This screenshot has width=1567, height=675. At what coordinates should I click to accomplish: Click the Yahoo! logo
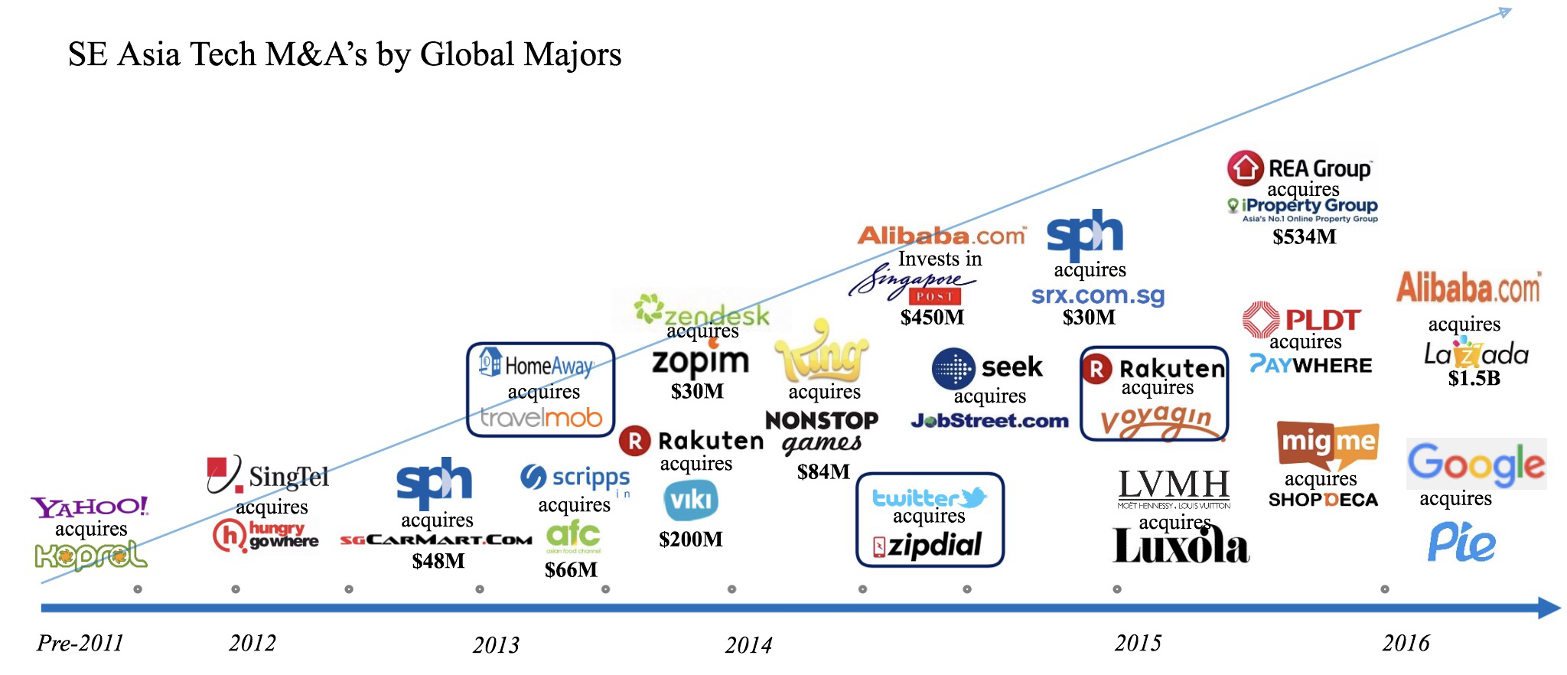tap(90, 507)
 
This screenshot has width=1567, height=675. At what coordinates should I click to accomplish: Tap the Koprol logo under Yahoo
tap(91, 556)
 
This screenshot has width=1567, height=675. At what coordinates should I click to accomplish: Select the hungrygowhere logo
tap(266, 535)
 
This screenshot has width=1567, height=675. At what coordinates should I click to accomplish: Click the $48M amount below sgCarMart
tap(438, 561)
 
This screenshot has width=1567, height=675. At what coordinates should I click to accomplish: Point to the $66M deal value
tap(571, 569)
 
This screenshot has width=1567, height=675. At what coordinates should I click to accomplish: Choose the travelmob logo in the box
tap(541, 418)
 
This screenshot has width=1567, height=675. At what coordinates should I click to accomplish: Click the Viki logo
tap(690, 501)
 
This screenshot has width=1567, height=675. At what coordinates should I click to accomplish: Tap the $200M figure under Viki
tap(690, 540)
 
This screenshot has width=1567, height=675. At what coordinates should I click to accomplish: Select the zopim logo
tap(700, 361)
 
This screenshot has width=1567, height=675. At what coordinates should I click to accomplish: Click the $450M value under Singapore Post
tap(932, 317)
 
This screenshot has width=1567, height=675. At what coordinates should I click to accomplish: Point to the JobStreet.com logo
tap(989, 420)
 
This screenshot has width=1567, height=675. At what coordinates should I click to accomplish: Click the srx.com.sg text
tap(1097, 295)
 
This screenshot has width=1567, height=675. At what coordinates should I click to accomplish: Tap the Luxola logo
tap(1181, 546)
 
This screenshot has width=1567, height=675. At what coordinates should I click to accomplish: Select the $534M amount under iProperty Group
tap(1304, 237)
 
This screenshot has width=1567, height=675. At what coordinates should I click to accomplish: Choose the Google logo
tap(1476, 464)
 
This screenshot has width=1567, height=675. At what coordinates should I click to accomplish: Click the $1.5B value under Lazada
tap(1474, 378)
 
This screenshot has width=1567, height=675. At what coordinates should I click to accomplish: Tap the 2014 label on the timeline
tap(748, 645)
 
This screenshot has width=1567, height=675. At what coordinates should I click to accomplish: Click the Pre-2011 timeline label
tap(80, 643)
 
